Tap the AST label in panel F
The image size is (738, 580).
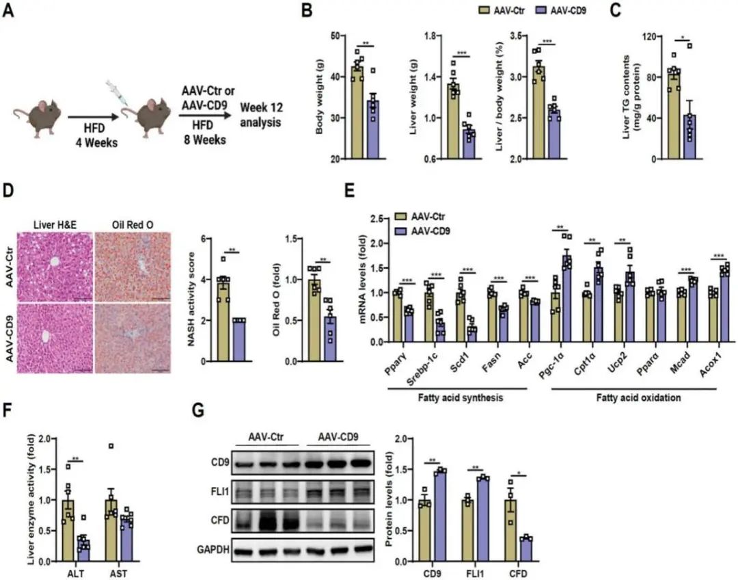117,572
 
